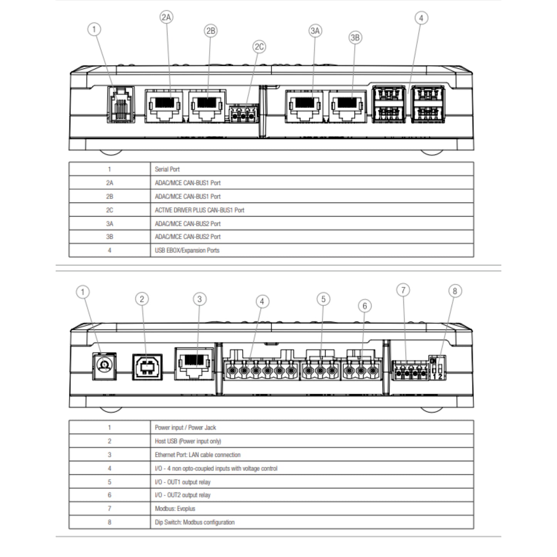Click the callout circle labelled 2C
259,47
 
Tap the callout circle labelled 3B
355,37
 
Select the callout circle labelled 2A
167,17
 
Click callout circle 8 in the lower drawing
455,291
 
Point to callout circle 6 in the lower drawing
365,306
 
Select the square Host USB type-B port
147,367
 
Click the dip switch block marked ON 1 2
437,367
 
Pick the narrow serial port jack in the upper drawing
121,105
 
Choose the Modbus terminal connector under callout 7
410,370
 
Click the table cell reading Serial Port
167,169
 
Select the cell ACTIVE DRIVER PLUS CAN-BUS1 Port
199,210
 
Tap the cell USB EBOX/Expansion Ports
187,251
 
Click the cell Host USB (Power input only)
188,441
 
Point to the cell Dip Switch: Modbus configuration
194,522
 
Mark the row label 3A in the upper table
109,224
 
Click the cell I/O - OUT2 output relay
182,495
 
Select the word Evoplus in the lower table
186,509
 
